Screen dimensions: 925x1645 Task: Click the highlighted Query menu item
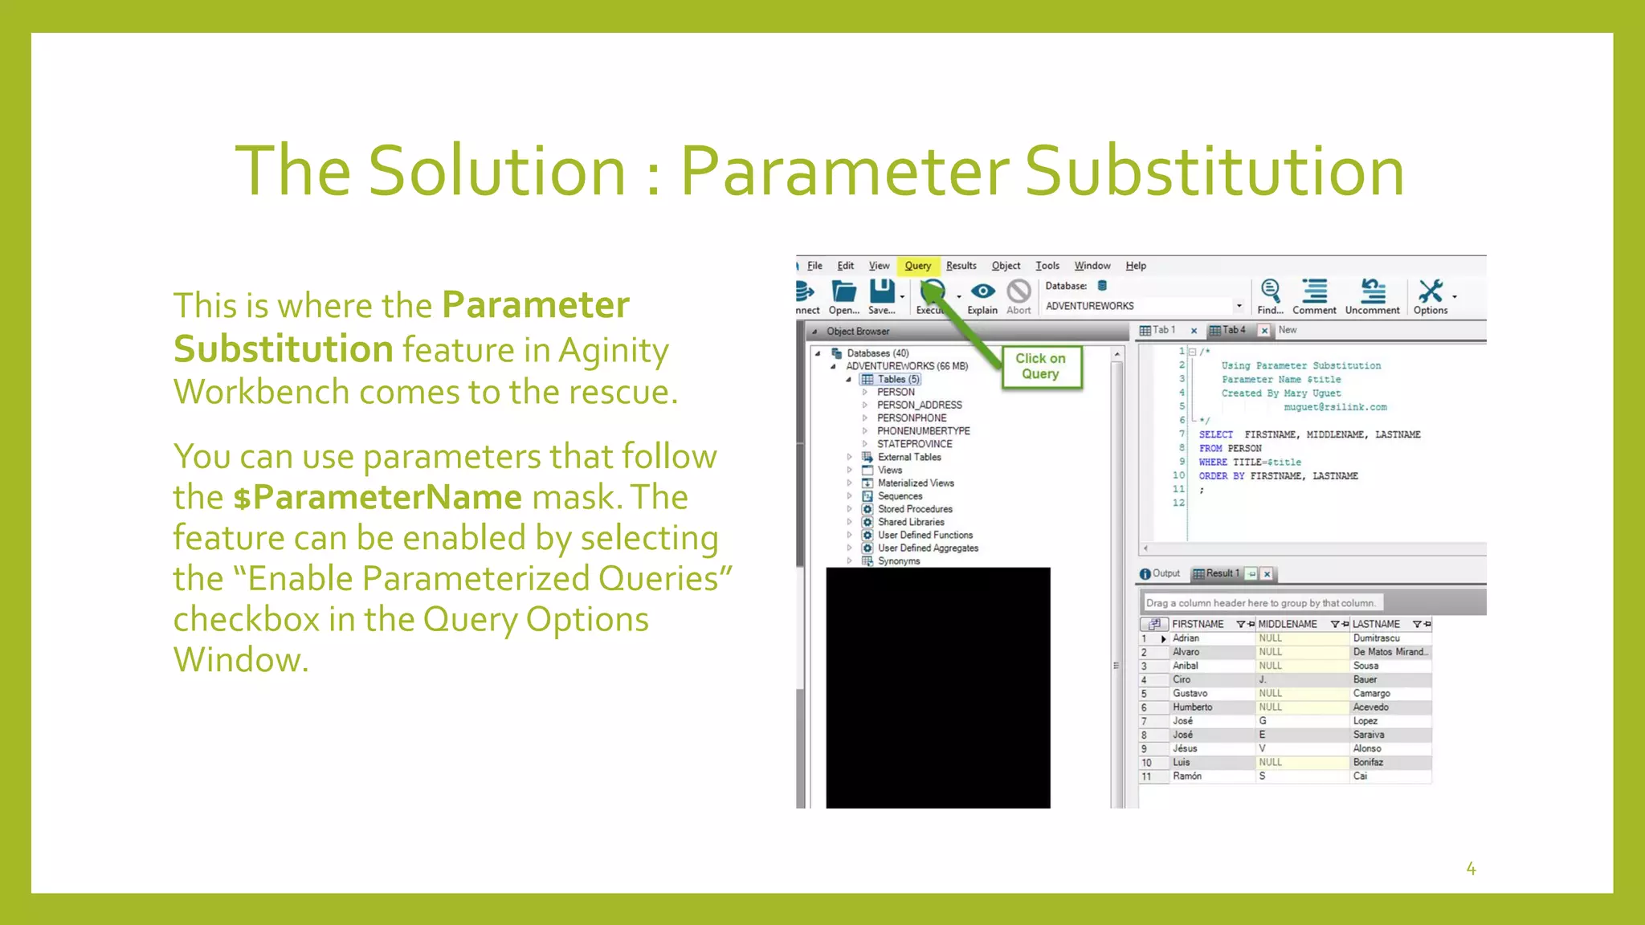coord(917,266)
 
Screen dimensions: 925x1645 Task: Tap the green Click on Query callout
coord(1040,366)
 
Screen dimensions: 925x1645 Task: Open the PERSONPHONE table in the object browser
coord(911,418)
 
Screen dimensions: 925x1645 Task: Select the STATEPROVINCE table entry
coord(914,444)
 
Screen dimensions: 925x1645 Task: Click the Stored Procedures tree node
coord(914,509)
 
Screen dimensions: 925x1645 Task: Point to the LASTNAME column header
coord(1375,624)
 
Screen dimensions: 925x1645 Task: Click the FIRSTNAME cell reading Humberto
coord(1192,707)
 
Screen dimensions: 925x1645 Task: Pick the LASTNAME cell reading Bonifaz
coord(1368,762)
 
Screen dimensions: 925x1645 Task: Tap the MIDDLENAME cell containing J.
coord(1263,679)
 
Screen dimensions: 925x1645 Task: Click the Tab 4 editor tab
coord(1233,330)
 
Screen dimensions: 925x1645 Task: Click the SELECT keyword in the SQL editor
coord(1215,434)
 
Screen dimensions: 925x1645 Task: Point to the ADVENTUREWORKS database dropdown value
coord(1090,306)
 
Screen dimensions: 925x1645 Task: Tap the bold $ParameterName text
coord(377,497)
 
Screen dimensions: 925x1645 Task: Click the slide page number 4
coord(1471,869)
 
